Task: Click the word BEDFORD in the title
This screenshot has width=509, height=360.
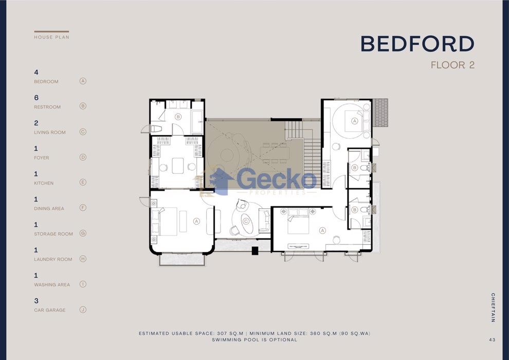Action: pos(417,44)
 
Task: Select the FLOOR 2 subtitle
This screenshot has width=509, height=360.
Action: pos(452,65)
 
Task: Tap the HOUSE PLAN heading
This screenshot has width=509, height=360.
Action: pos(51,37)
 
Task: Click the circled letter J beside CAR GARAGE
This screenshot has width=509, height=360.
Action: pos(83,310)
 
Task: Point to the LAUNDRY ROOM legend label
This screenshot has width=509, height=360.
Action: pos(53,259)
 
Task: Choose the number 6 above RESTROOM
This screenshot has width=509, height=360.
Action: pos(37,97)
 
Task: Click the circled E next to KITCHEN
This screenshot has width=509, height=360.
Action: pos(83,182)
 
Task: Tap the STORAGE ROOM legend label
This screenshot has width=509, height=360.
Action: pos(53,233)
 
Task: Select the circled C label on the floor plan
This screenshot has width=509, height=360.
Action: pos(246,221)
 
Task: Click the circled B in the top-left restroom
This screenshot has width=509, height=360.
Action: pos(178,117)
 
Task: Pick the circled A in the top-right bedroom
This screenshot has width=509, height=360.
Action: pos(354,121)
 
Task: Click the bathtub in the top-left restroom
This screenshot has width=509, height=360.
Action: pos(197,122)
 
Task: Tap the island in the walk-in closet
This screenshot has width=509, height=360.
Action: pos(177,166)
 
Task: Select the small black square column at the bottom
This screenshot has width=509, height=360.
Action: pos(255,250)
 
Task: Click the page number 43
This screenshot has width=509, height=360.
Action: pos(492,339)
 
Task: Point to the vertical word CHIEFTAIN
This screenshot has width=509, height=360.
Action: pos(493,308)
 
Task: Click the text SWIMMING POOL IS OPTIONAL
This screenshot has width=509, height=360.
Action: pos(254,340)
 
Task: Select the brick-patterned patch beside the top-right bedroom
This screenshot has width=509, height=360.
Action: pos(380,113)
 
